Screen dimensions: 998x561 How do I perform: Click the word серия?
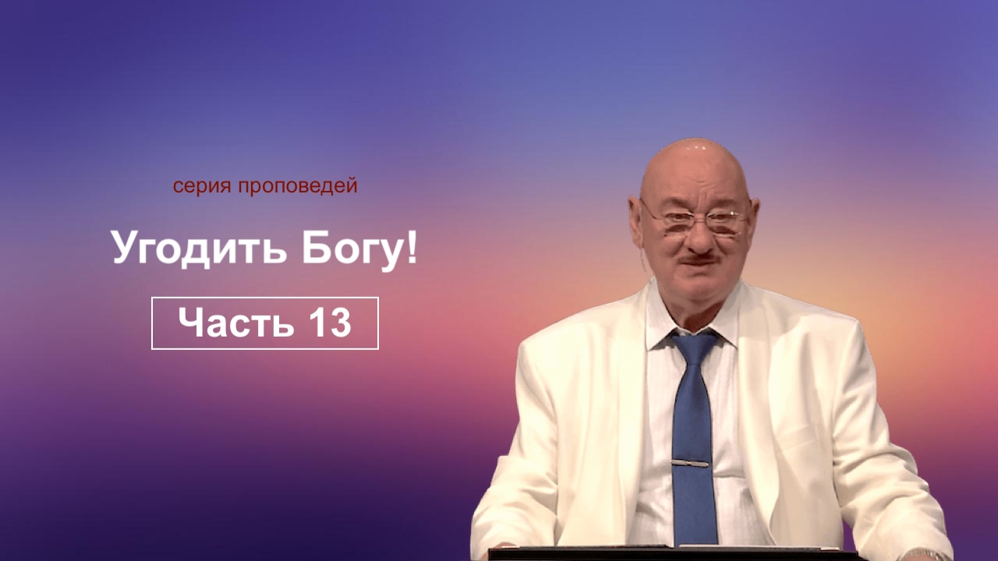click(x=203, y=186)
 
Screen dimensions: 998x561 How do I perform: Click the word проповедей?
click(x=298, y=186)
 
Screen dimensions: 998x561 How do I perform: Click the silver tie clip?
click(x=690, y=464)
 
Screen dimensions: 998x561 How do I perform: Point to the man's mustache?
click(x=699, y=259)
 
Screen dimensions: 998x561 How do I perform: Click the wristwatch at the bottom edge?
click(x=920, y=556)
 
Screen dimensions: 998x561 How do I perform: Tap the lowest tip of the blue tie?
click(x=695, y=545)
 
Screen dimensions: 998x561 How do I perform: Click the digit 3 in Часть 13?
click(x=339, y=323)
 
